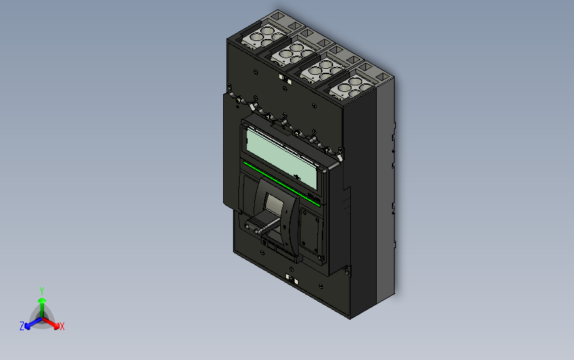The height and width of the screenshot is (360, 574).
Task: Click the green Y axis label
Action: pos(42,291)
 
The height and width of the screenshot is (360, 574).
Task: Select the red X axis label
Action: pos(62,326)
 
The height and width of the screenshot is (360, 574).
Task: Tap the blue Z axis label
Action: pos(22,326)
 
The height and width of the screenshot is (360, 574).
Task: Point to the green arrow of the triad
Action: pos(42,304)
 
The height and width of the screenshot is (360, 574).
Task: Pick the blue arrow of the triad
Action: pos(30,324)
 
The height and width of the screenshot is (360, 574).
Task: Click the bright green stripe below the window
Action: pos(281,183)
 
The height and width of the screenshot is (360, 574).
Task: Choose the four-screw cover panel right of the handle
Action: pos(310,232)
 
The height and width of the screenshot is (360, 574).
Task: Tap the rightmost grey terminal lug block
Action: pos(349,88)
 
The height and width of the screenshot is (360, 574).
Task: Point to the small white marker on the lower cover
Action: pos(289,278)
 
